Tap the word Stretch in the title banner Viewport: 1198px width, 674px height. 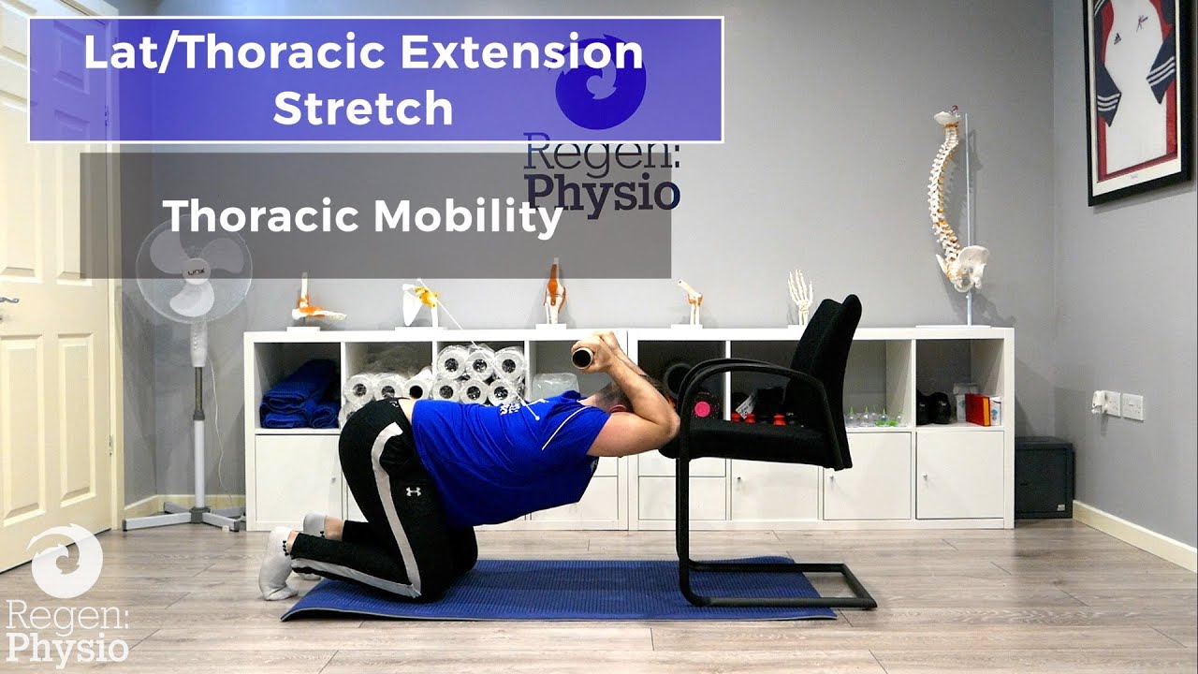coord(363,108)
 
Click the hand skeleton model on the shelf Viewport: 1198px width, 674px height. coord(800,295)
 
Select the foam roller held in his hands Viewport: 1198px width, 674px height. coord(584,356)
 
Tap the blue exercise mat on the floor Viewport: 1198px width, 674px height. coord(562,590)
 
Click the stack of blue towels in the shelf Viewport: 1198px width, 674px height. coord(299,394)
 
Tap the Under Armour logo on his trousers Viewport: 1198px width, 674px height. coord(413,491)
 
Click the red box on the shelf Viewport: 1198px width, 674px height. coord(977,409)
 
